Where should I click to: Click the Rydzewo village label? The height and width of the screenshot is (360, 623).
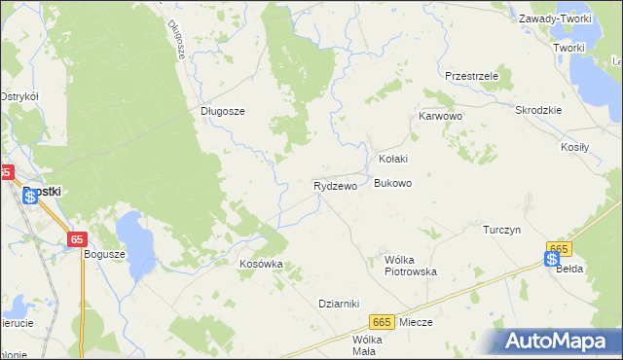click(x=335, y=185)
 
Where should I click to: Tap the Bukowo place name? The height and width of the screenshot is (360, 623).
click(x=393, y=183)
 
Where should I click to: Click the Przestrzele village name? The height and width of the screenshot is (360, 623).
click(x=471, y=75)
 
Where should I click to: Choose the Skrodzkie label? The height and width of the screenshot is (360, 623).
click(x=539, y=110)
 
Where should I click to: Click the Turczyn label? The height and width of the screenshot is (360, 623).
click(x=503, y=230)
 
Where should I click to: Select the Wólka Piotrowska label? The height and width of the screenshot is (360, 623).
click(x=411, y=266)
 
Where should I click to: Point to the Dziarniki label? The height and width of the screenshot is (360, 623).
click(x=340, y=303)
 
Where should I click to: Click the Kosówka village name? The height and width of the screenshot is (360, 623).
click(x=261, y=264)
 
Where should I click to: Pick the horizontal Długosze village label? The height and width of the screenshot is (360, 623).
click(x=222, y=111)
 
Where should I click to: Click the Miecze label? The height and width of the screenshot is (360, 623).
click(x=416, y=321)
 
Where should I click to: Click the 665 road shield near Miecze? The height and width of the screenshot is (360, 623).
click(x=382, y=322)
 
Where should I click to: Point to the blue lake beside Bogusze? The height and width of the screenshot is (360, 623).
click(x=135, y=243)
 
